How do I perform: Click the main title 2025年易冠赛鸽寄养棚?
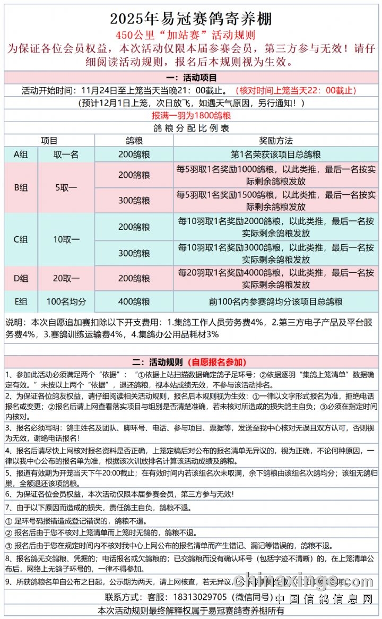tap(191, 19)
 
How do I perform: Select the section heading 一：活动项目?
tap(191, 78)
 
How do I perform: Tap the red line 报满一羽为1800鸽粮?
tap(191, 115)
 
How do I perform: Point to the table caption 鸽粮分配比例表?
tap(191, 128)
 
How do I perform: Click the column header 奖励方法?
tap(275, 141)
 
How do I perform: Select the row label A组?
tap(21, 154)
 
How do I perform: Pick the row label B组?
tap(21, 187)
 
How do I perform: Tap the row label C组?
tap(21, 239)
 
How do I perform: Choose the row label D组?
tap(21, 278)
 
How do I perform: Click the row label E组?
tap(21, 302)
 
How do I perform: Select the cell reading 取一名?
tap(66, 154)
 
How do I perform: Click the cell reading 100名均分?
tap(66, 302)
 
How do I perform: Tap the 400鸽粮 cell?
tap(134, 302)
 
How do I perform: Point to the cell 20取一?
tap(66, 278)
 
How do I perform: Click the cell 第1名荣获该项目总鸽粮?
tap(275, 154)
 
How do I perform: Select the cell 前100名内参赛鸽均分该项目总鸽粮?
tap(275, 302)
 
